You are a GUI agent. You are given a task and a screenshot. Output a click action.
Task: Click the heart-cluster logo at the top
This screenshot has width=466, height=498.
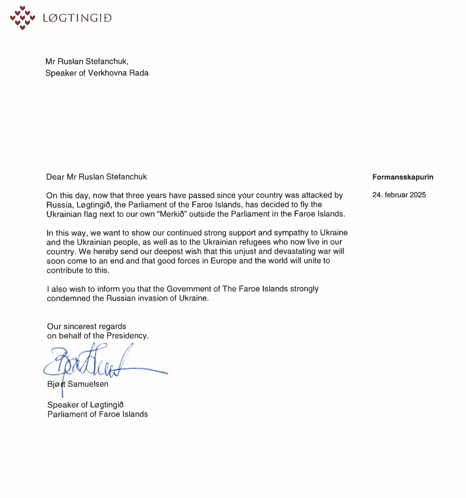point(22,18)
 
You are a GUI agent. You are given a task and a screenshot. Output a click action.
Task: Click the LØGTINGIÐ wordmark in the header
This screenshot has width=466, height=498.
point(77,18)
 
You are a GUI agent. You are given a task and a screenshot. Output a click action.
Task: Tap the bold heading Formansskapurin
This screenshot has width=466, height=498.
point(403,177)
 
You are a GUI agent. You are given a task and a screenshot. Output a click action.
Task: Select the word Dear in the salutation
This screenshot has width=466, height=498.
point(55,177)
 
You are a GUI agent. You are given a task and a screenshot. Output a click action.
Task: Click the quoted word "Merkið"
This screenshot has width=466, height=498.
point(171,214)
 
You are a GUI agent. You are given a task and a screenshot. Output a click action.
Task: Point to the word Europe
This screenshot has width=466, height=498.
point(223,261)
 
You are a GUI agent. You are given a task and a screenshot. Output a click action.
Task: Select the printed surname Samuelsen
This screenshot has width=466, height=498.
point(88,384)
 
